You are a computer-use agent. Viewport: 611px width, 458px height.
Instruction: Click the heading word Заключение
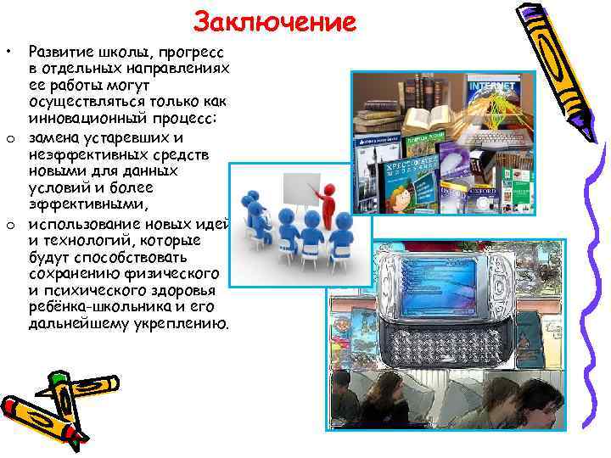(274, 20)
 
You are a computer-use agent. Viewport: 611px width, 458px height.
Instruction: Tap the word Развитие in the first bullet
(60, 52)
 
